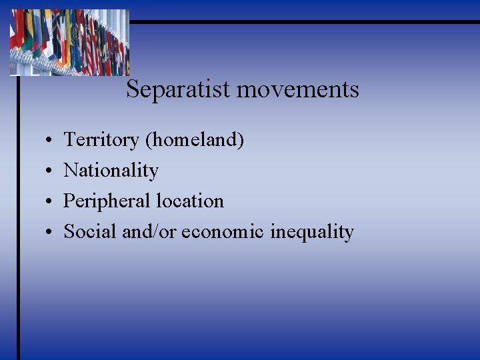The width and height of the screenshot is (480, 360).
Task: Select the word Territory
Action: (x=101, y=140)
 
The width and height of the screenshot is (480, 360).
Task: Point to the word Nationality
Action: (x=111, y=171)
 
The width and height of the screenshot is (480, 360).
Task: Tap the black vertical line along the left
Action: (x=18, y=220)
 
